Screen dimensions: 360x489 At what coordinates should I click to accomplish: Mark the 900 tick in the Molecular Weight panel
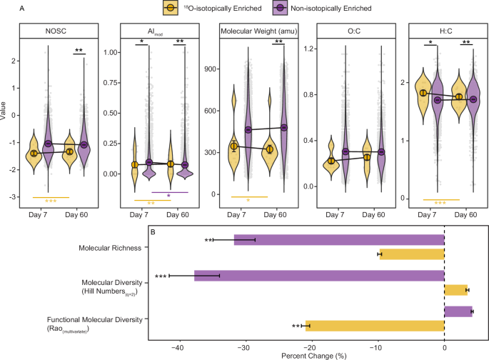coord(209,69)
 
